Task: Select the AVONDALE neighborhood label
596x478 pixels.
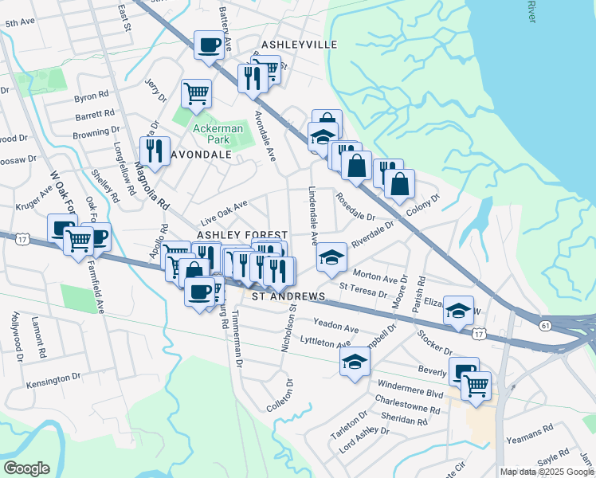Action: pos(195,155)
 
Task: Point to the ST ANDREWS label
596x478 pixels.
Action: pos(288,296)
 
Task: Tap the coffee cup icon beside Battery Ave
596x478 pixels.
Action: pos(209,45)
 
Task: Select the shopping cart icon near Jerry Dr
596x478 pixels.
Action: pos(196,93)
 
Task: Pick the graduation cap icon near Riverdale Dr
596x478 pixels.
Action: pos(331,257)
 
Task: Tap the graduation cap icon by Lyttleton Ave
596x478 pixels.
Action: pos(355,362)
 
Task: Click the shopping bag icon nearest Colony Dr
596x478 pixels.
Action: pos(399,183)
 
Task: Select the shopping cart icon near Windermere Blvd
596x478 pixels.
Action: pos(476,386)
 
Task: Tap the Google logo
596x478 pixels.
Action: pos(25,468)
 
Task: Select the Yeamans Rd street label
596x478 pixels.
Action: pos(535,431)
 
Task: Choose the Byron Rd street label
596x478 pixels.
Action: pos(91,97)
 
